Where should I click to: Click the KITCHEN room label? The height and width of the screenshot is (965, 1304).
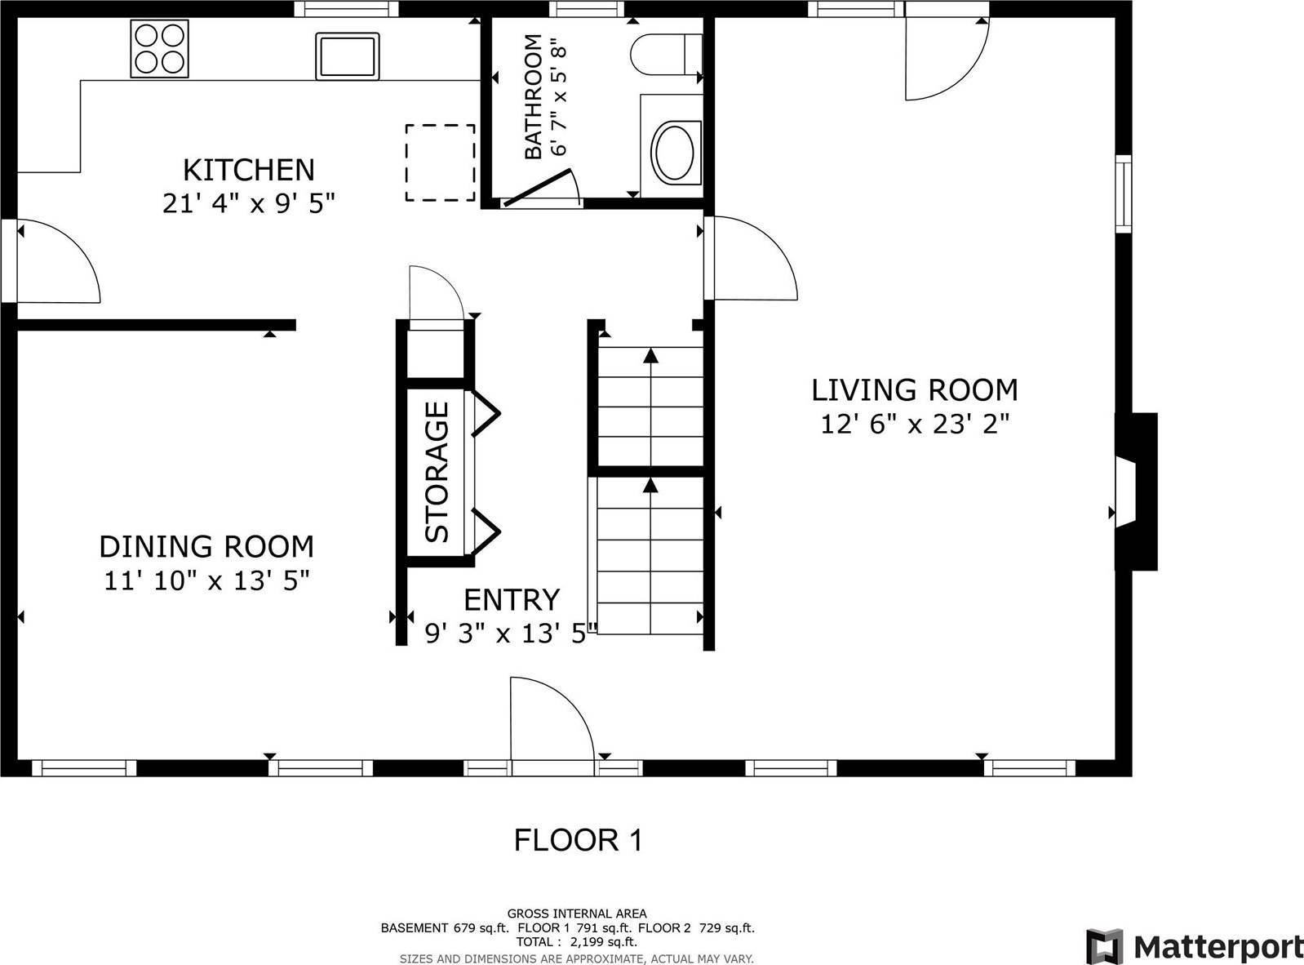(x=248, y=170)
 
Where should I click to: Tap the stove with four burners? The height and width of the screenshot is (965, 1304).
(x=159, y=49)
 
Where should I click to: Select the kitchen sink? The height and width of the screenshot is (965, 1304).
(x=348, y=56)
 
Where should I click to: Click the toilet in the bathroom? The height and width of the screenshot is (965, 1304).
(x=665, y=54)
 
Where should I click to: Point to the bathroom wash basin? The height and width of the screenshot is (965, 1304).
(x=673, y=152)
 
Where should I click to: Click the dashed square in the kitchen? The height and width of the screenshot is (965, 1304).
(x=441, y=162)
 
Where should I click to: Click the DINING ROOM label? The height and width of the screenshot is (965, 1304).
(x=206, y=546)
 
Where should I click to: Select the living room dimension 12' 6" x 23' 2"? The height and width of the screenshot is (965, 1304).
(x=915, y=425)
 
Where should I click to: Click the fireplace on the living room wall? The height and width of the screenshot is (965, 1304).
(x=1136, y=491)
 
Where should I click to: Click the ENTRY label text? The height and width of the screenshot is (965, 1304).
(x=512, y=600)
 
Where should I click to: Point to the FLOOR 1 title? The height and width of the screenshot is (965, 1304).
(x=578, y=840)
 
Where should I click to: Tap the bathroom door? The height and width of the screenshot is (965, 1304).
(x=539, y=188)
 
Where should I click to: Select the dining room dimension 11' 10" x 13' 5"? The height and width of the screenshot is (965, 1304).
(x=206, y=581)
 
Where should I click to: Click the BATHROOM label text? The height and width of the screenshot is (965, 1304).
(x=533, y=97)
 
